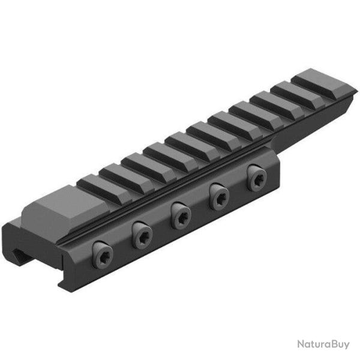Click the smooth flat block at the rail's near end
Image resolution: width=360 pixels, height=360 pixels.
click(x=57, y=206)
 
